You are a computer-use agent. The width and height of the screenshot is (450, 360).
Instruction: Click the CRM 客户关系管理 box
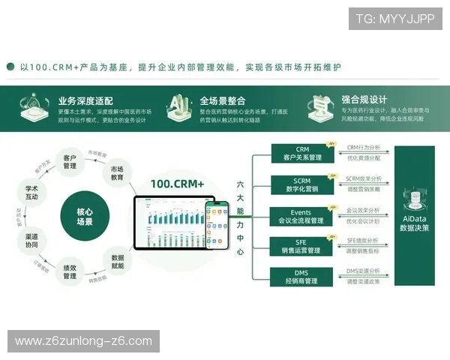302,154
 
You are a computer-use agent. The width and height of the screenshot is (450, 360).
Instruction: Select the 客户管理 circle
70,162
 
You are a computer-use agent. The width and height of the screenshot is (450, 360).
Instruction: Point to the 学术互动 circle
32,191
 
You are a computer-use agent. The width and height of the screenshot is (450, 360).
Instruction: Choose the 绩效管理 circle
70,271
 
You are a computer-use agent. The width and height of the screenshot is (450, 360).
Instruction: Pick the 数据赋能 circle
117,258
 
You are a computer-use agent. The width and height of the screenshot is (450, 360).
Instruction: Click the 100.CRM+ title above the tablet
177,183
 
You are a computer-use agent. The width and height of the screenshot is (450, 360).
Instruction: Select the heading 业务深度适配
85,100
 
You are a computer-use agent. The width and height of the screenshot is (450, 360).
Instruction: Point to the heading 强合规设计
364,99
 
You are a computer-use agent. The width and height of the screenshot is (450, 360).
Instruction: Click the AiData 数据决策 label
414,223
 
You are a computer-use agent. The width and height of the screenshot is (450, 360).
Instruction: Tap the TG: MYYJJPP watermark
394,19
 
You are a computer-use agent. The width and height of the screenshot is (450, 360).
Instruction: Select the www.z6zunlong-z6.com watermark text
83,341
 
